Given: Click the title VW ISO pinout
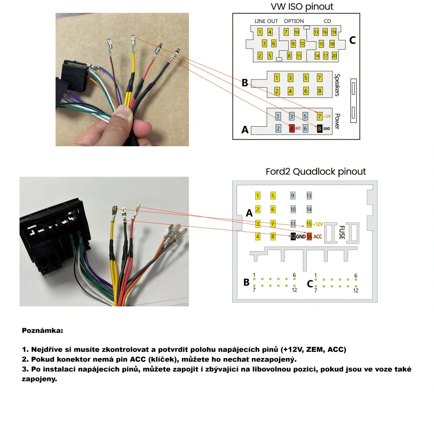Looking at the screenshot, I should click(302, 7).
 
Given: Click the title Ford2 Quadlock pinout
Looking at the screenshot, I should click(316, 171).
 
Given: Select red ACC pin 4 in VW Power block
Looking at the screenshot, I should click(292, 128).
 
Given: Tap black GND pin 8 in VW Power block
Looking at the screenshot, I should click(319, 128).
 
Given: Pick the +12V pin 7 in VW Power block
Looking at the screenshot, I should click(320, 116).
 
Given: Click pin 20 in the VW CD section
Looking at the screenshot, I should click(334, 56).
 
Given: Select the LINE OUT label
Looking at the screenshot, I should click(266, 21).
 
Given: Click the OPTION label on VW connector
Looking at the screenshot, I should click(294, 21).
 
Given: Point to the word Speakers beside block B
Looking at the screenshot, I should click(337, 84).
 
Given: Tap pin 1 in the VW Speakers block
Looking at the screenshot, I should click(277, 78).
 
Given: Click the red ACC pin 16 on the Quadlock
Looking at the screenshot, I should click(309, 237).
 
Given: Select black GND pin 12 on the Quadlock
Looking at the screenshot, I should click(293, 237).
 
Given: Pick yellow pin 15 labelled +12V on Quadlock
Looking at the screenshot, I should click(309, 224).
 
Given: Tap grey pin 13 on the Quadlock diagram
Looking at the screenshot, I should click(309, 196).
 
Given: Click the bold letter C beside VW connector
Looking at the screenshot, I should click(352, 40).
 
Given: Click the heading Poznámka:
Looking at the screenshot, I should click(43, 331).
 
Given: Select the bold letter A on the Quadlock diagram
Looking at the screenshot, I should click(249, 213).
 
